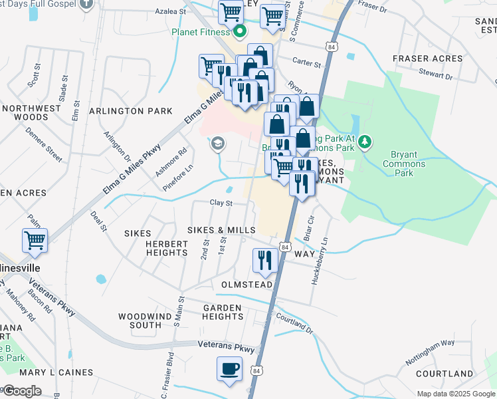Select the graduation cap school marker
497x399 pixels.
[217, 144]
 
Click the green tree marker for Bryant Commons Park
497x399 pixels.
[365, 141]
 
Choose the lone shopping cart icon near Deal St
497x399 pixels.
[35, 241]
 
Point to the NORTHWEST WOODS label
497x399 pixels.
[25, 112]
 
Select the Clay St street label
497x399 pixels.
[221, 203]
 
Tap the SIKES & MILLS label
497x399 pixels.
[221, 230]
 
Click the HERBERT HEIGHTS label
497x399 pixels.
[158, 248]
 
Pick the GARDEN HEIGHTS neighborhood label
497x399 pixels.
[223, 312]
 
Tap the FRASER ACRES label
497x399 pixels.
[427, 59]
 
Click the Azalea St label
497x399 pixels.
[171, 11]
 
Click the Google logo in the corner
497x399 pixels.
[21, 391]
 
